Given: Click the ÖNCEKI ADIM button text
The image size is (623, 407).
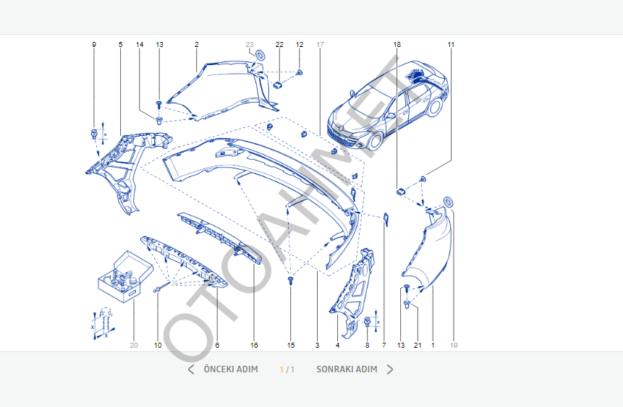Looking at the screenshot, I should click(230, 369).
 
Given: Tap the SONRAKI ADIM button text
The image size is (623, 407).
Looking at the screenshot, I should click(347, 369).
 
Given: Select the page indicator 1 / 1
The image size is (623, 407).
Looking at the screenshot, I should click(287, 369).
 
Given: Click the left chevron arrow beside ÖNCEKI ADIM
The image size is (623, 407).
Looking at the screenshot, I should click(191, 369).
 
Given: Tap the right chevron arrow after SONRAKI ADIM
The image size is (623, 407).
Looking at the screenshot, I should click(390, 369).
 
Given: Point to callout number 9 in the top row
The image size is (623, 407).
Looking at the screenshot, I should click(93, 45).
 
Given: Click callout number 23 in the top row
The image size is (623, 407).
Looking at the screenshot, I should click(250, 45).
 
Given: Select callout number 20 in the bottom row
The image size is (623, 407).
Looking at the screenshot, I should click(134, 346).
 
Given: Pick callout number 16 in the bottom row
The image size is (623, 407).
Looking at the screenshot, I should click(254, 346).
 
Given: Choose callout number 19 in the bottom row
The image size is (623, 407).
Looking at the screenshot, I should click(454, 346).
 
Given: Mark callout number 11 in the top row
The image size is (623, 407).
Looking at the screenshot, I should click(451, 45).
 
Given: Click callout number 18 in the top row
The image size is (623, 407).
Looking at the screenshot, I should click(397, 45).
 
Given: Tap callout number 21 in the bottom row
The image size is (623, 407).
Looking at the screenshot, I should click(418, 346).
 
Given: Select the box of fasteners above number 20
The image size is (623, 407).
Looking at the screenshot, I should click(125, 275).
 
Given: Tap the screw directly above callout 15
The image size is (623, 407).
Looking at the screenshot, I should click(290, 279).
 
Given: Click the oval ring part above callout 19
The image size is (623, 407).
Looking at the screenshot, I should click(449, 201).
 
